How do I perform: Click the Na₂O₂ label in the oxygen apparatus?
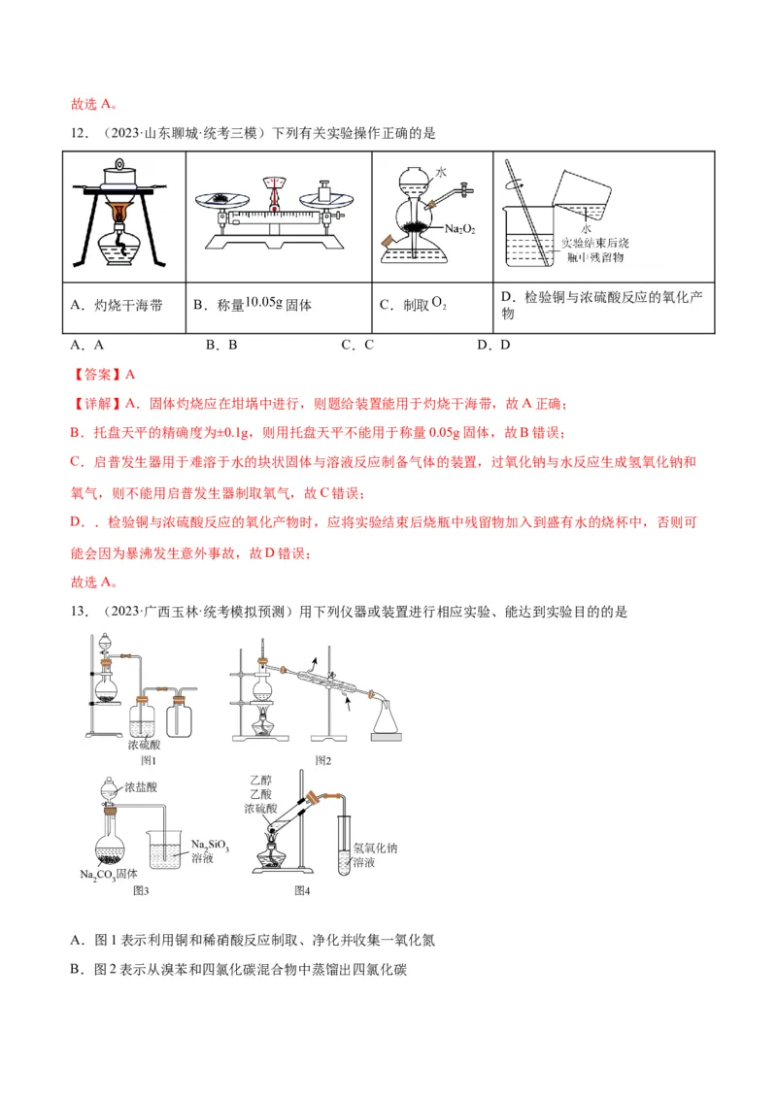pyautogui.click(x=459, y=228)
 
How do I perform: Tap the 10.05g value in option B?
pyautogui.click(x=263, y=302)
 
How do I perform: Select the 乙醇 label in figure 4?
pyautogui.click(x=257, y=779)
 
